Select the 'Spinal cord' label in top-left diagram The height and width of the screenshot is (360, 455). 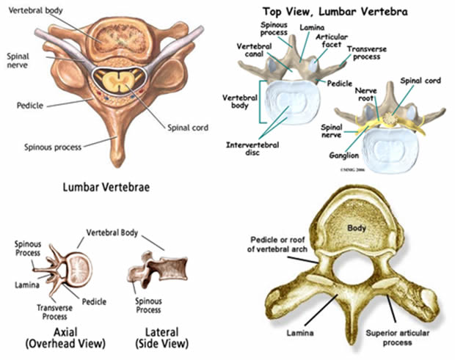(189, 128)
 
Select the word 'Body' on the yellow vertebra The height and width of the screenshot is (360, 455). (357, 229)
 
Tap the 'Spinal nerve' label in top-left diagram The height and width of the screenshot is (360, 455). (18, 59)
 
